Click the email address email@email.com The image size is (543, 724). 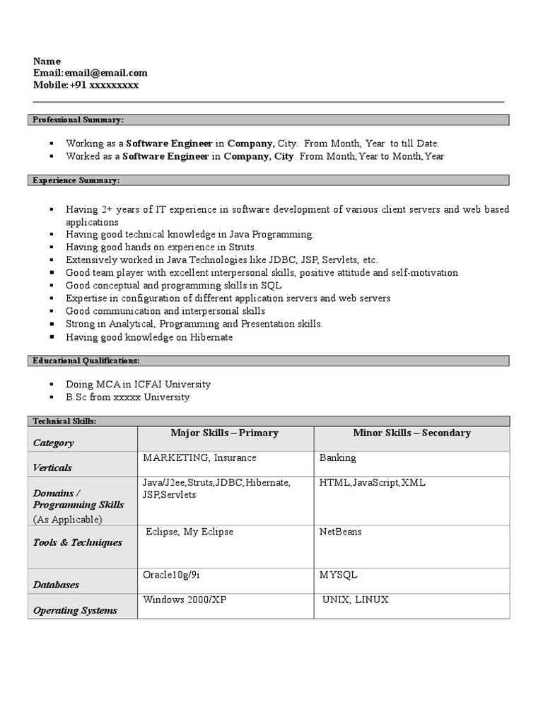tap(106, 73)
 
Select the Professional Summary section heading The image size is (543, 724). tap(78, 120)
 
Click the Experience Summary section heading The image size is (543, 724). tap(76, 181)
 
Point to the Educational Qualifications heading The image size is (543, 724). tap(86, 361)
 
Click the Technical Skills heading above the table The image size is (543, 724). tap(64, 421)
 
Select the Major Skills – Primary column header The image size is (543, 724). tap(224, 433)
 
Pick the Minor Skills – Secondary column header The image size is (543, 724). tap(411, 433)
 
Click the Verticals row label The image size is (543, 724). tap(52, 467)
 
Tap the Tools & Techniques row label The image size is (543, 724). tap(78, 542)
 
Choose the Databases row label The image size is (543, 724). tap(56, 585)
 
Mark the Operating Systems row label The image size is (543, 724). tap(75, 610)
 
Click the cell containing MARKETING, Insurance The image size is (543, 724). tap(199, 457)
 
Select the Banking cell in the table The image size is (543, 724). tap(338, 457)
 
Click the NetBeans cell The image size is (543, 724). tap(340, 532)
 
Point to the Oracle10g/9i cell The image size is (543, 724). tap(171, 575)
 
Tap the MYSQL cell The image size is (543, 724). tap(339, 575)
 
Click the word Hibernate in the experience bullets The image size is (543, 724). tap(211, 337)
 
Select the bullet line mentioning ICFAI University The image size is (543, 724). tap(138, 384)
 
